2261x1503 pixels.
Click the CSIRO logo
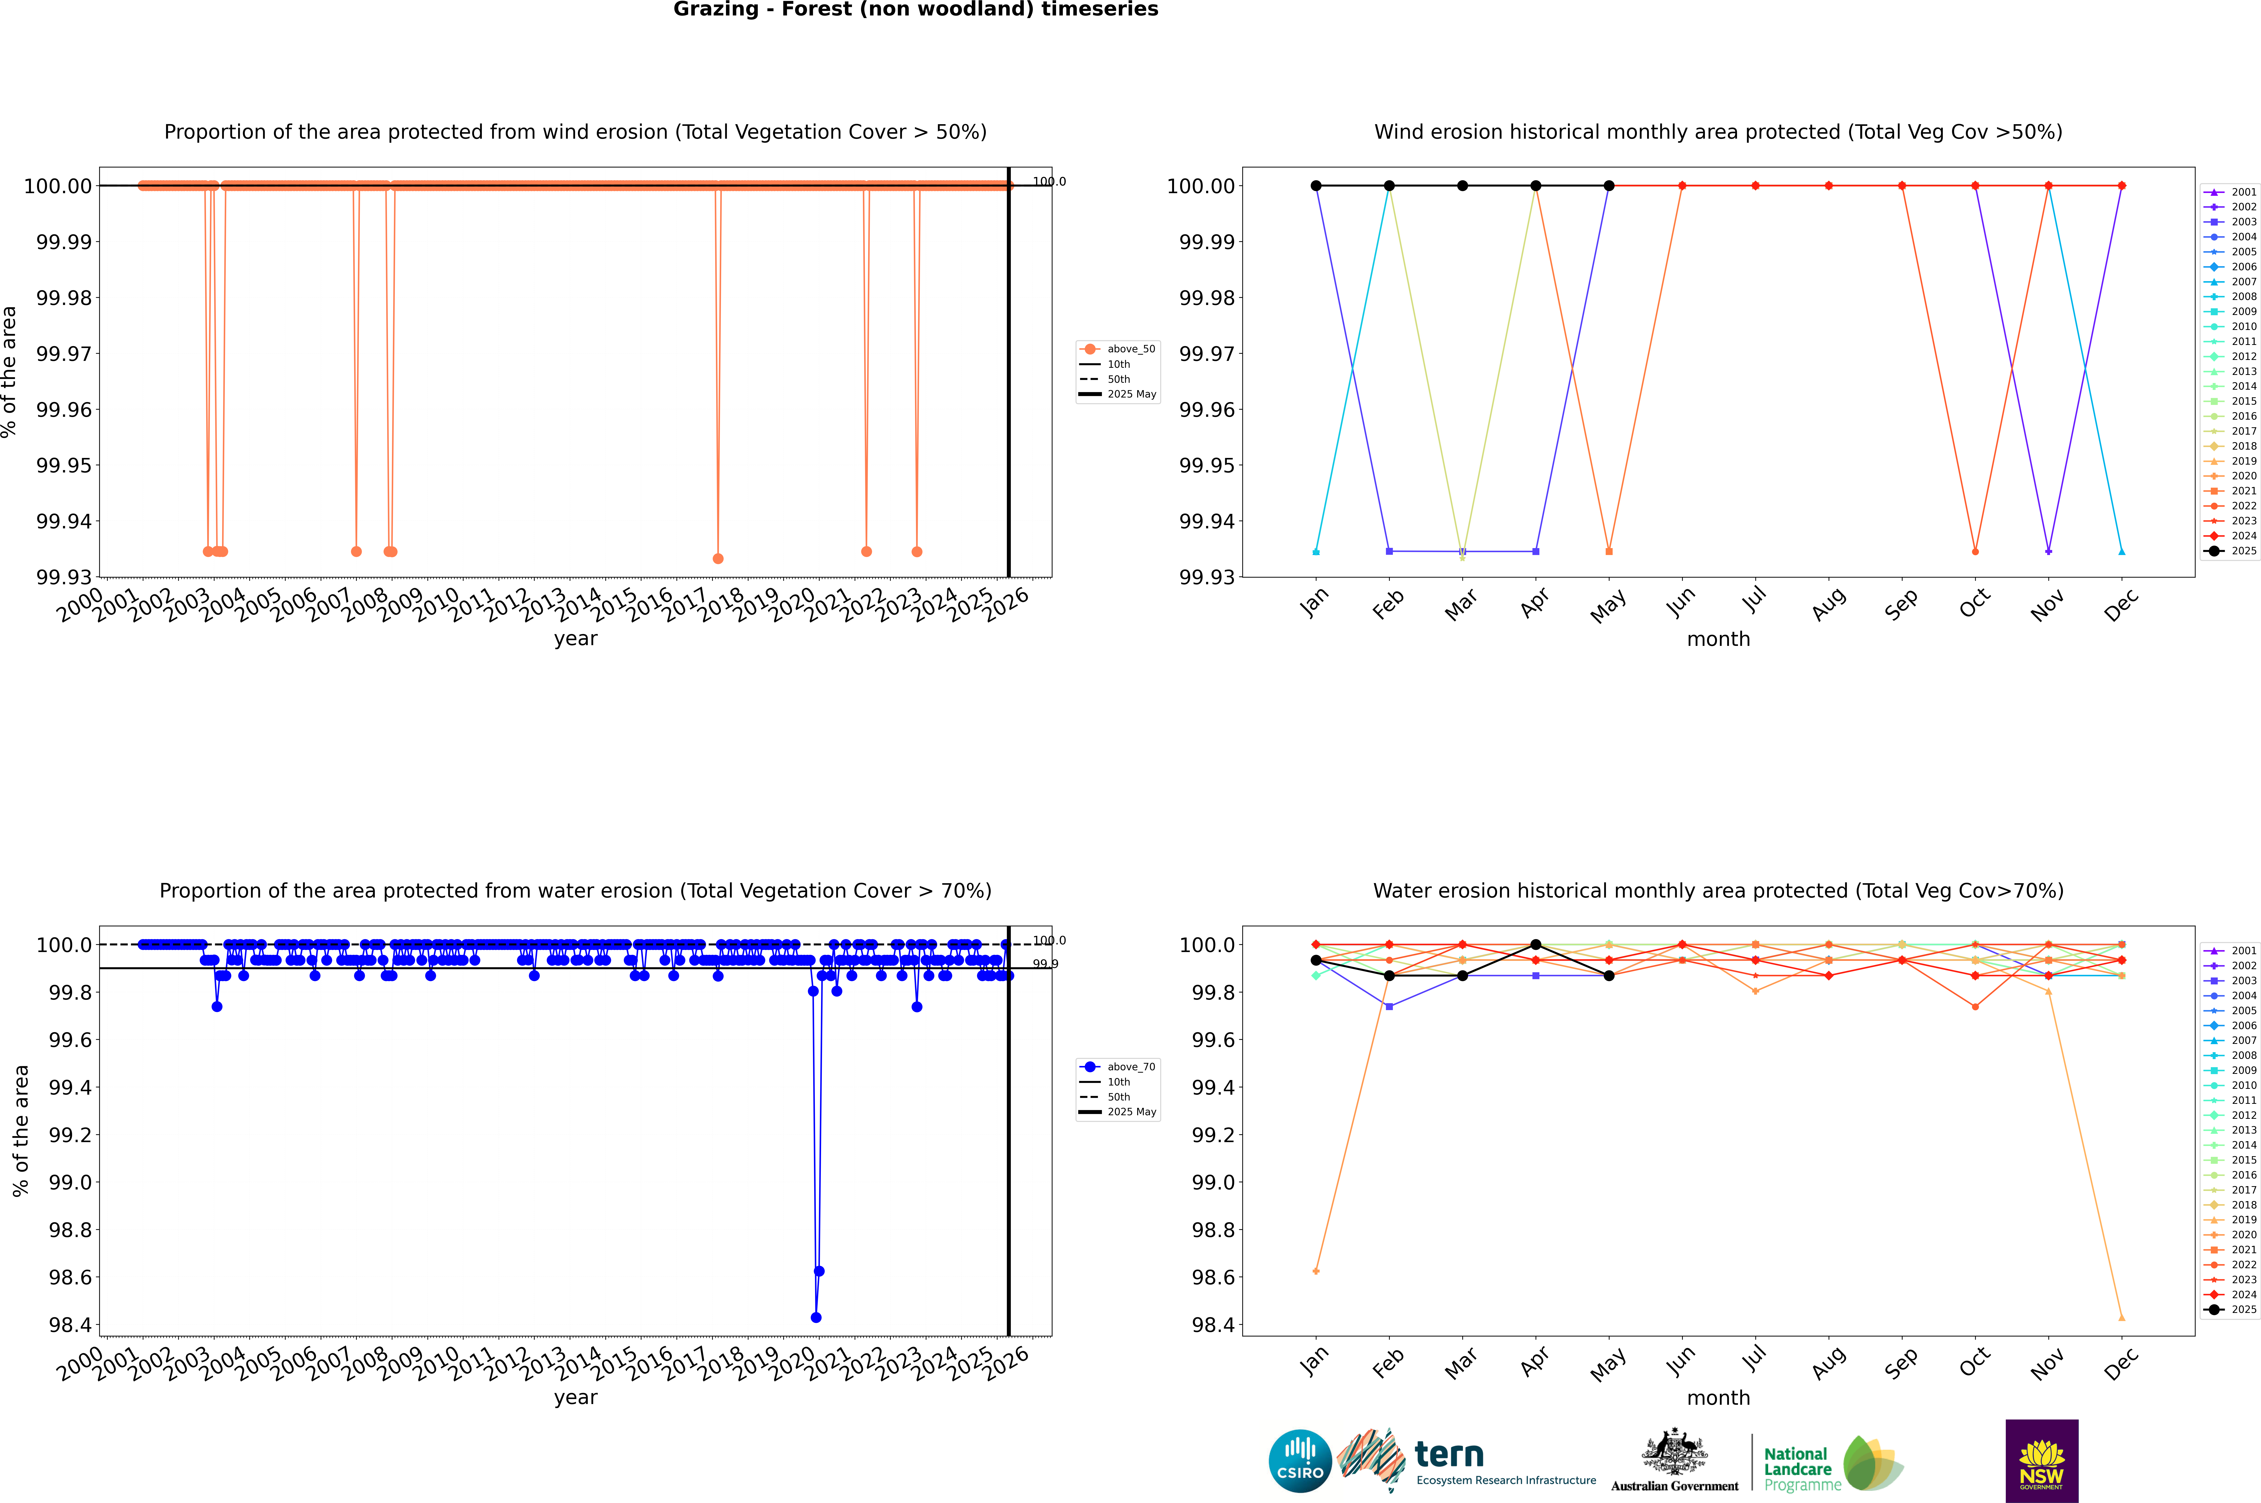[x=1300, y=1461]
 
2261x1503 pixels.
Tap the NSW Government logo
[x=2041, y=1461]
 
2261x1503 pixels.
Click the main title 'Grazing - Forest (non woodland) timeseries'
[x=915, y=10]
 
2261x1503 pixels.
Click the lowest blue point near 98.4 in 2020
[x=816, y=1317]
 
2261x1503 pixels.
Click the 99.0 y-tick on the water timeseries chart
[x=70, y=1182]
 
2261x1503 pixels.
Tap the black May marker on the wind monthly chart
[x=1609, y=186]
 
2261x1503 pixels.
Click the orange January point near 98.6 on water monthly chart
[x=1316, y=1271]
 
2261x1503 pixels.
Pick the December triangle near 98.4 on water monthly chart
[x=2121, y=1317]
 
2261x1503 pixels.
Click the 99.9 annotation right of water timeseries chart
[x=1045, y=964]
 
